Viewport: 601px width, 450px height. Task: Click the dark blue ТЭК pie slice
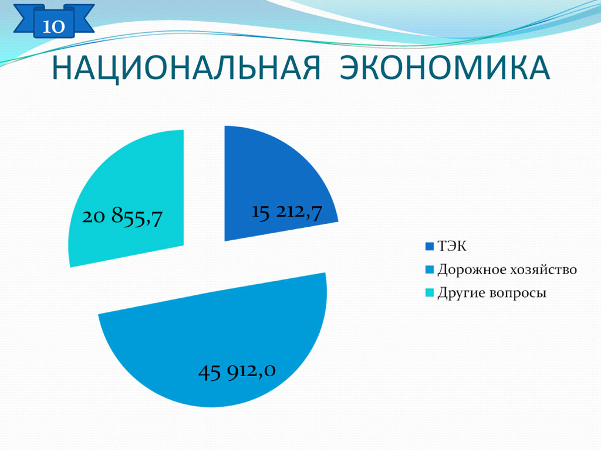coord(268,180)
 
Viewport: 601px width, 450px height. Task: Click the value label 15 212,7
coord(286,212)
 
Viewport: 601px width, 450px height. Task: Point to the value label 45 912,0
coord(237,371)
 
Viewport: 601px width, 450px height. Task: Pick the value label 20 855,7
coord(122,217)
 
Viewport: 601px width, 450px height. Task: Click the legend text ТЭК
coord(452,246)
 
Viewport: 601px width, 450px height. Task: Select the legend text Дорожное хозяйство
coord(507,270)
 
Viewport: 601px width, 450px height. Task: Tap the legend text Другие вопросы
coord(492,293)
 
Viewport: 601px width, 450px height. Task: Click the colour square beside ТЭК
coord(429,247)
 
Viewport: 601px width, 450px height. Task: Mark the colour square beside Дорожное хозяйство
coord(429,270)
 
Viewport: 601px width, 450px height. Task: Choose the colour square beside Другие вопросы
coord(429,293)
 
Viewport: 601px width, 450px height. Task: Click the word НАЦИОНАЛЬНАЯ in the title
coord(186,69)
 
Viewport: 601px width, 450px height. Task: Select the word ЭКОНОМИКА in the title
coord(445,68)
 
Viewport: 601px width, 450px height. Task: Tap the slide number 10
coord(53,26)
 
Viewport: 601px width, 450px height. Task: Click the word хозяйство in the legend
coord(544,270)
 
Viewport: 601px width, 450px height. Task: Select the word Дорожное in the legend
coord(472,270)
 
